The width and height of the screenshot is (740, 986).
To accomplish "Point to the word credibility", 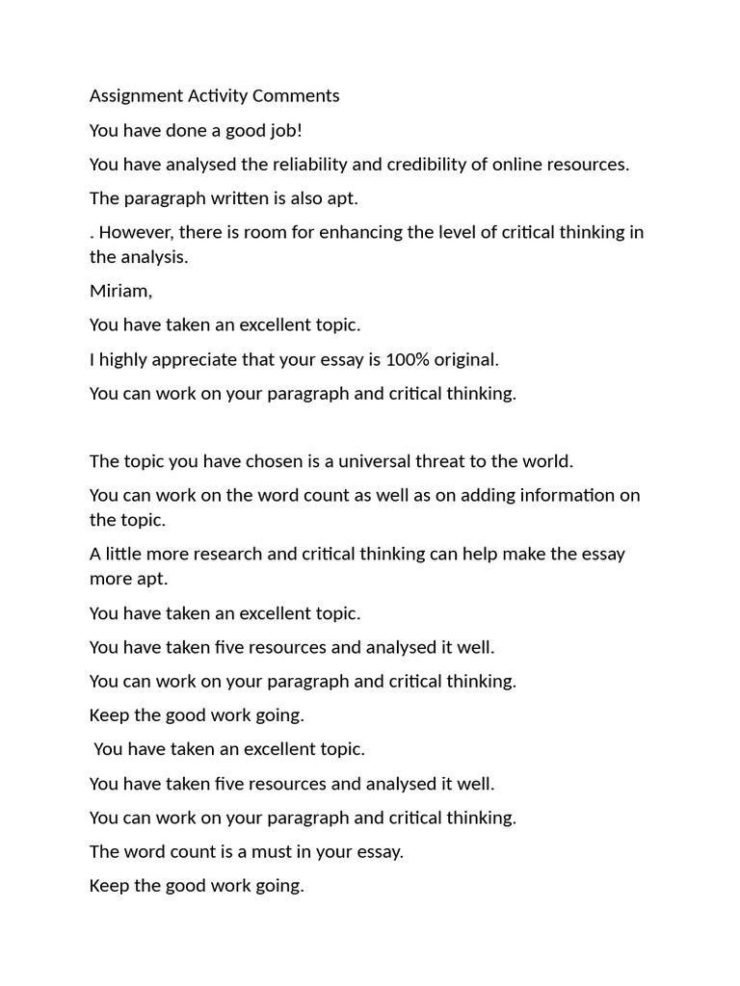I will point(426,164).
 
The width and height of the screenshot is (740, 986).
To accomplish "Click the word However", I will point(134,232).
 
